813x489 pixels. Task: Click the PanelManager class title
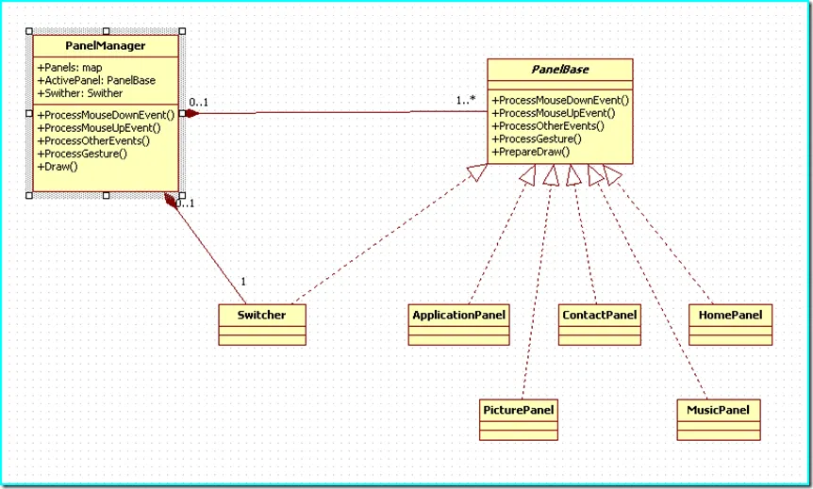coord(105,45)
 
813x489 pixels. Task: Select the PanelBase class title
coord(559,70)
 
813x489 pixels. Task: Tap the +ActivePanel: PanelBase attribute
coord(97,80)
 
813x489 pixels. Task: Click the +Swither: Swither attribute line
coord(80,93)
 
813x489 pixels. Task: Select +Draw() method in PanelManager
coord(58,166)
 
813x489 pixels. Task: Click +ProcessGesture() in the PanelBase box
coord(537,139)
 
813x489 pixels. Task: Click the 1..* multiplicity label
coord(465,100)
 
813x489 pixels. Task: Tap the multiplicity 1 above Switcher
coord(244,282)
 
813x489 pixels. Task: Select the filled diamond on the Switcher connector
coord(172,200)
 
